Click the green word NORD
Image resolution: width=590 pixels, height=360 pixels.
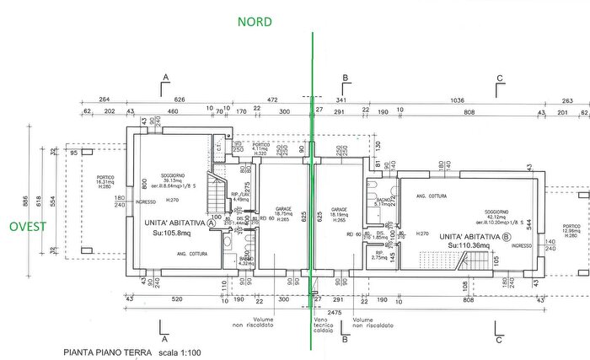click(x=255, y=22)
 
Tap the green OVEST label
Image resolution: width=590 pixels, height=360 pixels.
click(x=28, y=226)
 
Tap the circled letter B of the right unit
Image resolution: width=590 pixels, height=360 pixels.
click(x=506, y=236)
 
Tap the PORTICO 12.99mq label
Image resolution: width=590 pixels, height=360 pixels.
click(x=572, y=228)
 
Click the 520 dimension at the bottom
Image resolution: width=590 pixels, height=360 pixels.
click(x=176, y=299)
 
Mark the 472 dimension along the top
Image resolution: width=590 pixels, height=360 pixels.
click(x=272, y=100)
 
